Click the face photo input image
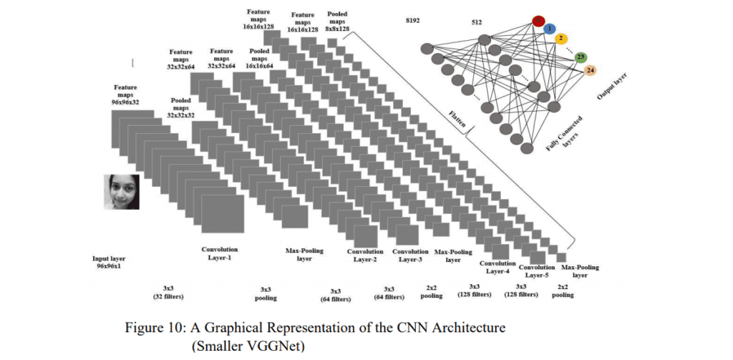pyautogui.click(x=121, y=191)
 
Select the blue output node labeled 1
pyautogui.click(x=550, y=29)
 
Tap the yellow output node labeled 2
pyautogui.click(x=562, y=38)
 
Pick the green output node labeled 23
pyautogui.click(x=581, y=57)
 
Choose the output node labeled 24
pyautogui.click(x=591, y=70)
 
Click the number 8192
pyautogui.click(x=411, y=22)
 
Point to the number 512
pyautogui.click(x=476, y=22)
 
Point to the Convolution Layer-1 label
pyautogui.click(x=220, y=253)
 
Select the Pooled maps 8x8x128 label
pyautogui.click(x=338, y=21)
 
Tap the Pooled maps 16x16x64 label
pyautogui.click(x=259, y=59)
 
